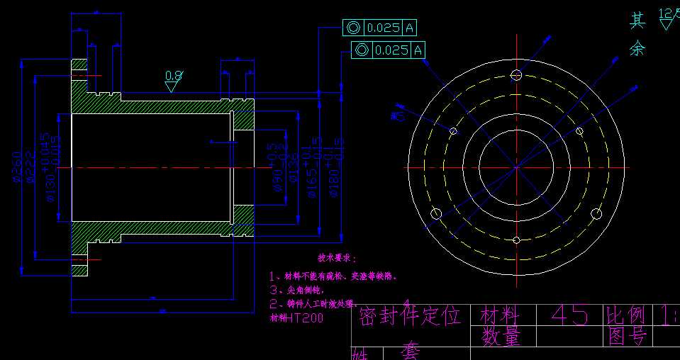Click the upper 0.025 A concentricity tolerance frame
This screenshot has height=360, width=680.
coord(380,28)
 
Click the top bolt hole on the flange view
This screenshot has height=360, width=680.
coord(516,75)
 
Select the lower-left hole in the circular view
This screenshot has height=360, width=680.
coord(436,213)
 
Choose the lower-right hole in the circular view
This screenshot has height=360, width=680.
coord(597,213)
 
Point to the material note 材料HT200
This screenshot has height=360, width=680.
coord(296,318)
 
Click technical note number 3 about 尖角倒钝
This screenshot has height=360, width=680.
coord(296,290)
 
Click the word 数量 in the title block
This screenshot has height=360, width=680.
coord(501,337)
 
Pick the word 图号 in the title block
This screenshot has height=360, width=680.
coord(627,337)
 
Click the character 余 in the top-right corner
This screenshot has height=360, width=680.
coord(637,48)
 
